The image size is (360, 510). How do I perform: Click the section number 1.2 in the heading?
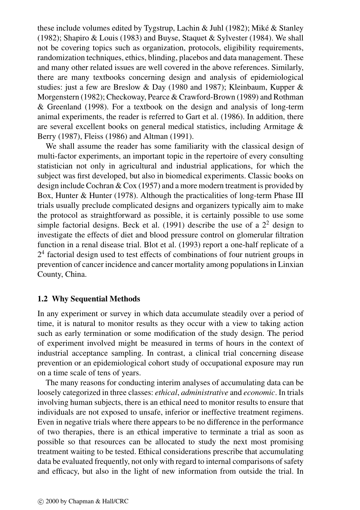click(42, 299)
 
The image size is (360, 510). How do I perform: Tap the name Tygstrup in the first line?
click(157, 28)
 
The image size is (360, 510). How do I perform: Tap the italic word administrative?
click(205, 393)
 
